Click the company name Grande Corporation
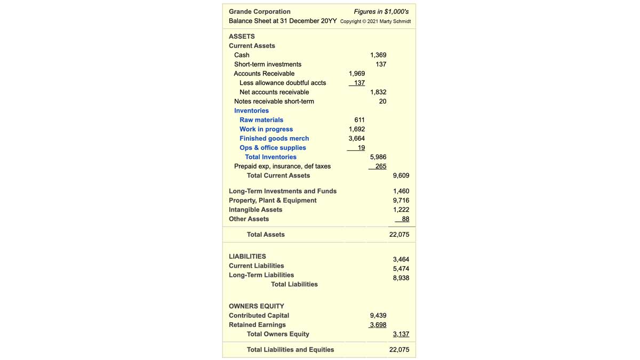click(x=260, y=12)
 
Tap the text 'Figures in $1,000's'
click(x=381, y=12)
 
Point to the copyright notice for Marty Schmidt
click(x=375, y=21)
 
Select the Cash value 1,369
click(x=378, y=55)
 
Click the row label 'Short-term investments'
click(x=268, y=65)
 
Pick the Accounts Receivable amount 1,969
click(x=357, y=74)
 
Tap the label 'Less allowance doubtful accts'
click(x=283, y=83)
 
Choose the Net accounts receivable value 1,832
click(x=378, y=92)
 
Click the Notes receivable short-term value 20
click(x=382, y=101)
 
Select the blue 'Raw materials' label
click(x=261, y=120)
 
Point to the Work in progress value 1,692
click(x=357, y=129)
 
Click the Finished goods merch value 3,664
click(x=357, y=139)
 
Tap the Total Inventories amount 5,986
click(x=378, y=157)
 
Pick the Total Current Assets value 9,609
click(x=401, y=175)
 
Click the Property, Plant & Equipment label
click(x=273, y=201)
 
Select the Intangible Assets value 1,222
click(x=401, y=210)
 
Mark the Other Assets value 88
click(x=405, y=219)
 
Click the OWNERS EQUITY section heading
click(x=257, y=306)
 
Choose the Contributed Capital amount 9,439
click(x=378, y=316)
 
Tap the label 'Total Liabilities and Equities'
click(x=290, y=350)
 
